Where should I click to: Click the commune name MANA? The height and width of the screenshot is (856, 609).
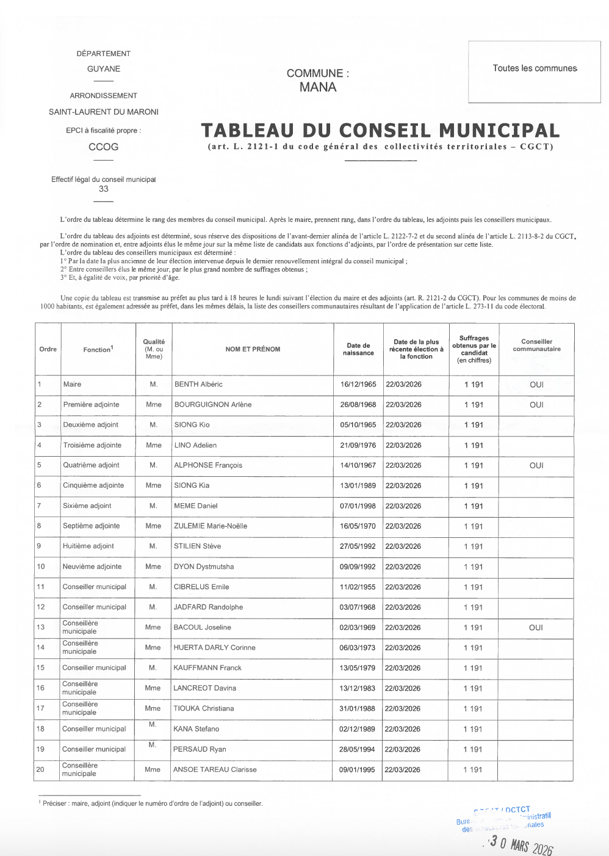click(x=318, y=87)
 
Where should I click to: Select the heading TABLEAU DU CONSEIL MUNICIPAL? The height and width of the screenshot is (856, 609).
click(x=380, y=131)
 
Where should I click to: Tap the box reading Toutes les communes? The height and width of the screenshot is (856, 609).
click(x=535, y=68)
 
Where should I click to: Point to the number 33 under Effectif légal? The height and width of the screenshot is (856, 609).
click(x=104, y=189)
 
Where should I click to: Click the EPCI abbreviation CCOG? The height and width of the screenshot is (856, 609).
click(x=104, y=147)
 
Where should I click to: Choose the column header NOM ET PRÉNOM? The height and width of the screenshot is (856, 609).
click(x=253, y=349)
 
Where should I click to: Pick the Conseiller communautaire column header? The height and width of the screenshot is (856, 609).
click(x=536, y=346)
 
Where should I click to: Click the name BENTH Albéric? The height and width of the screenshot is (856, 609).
click(x=198, y=385)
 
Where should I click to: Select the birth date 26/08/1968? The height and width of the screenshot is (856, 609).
click(x=358, y=405)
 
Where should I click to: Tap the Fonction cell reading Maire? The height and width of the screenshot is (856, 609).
click(x=72, y=385)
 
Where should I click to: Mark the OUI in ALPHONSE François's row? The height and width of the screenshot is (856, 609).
click(x=536, y=466)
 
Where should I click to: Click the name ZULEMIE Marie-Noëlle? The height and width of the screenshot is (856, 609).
click(x=211, y=526)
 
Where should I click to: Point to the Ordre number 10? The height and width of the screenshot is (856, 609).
click(x=41, y=567)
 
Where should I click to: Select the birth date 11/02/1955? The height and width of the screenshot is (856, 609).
click(x=358, y=587)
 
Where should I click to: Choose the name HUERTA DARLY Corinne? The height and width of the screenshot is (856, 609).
click(x=214, y=648)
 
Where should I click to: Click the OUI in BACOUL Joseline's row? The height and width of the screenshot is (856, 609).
click(x=536, y=628)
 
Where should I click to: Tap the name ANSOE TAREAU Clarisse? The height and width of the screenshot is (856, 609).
click(x=215, y=770)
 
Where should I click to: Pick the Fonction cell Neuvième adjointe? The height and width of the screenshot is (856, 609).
click(x=92, y=567)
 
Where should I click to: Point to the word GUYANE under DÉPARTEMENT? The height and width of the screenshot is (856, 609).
click(x=104, y=69)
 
